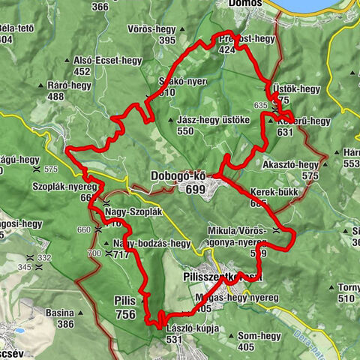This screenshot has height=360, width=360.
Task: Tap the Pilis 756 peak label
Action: tap(125, 308)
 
